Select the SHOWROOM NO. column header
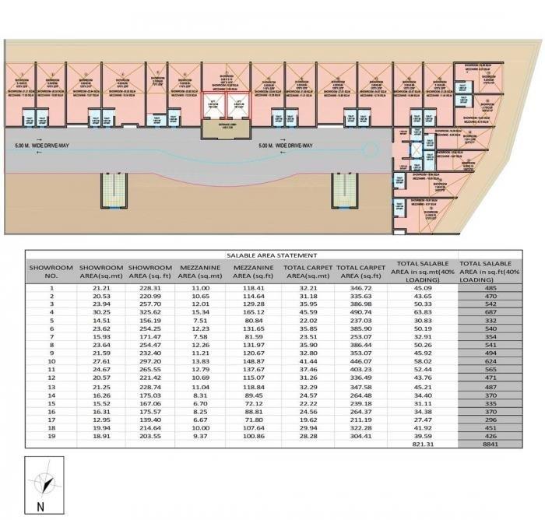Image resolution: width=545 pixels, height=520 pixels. pyautogui.click(x=51, y=271)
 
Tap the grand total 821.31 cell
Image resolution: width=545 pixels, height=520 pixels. pyautogui.click(x=423, y=443)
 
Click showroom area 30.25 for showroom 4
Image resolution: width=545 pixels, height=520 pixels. pyautogui.click(x=97, y=313)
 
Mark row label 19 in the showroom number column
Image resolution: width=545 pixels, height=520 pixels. pyautogui.click(x=51, y=434)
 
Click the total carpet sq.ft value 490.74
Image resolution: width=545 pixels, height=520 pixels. pyautogui.click(x=360, y=313)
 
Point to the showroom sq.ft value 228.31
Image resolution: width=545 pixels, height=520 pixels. pyautogui.click(x=147, y=288)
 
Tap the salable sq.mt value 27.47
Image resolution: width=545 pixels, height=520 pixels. pyautogui.click(x=423, y=418)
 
